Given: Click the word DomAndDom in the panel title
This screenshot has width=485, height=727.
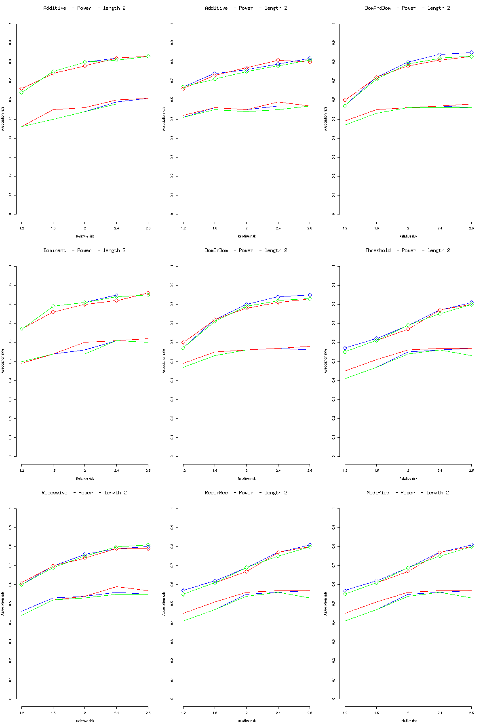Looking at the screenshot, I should coord(377,8).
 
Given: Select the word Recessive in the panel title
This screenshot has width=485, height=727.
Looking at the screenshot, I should coord(55,493).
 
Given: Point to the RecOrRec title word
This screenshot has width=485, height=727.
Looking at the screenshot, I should coord(216,493).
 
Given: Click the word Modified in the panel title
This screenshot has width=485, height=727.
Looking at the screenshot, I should coord(378,493).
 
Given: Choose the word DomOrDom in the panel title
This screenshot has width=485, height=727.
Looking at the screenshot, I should coord(216,250).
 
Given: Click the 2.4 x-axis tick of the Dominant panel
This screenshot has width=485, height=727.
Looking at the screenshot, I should coord(116,471).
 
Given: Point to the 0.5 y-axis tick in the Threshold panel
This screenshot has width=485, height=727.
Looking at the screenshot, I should coord(334,361).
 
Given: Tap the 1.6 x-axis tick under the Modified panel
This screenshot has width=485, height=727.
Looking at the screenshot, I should coord(377,713).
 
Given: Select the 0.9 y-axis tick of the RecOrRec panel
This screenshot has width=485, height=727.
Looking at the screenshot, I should coord(172,527).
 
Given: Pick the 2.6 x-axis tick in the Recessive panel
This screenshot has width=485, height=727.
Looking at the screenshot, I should coord(148,713).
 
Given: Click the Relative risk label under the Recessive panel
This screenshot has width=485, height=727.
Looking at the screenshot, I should coord(85,721).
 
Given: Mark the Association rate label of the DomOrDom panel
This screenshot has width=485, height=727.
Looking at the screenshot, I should coord(164,361).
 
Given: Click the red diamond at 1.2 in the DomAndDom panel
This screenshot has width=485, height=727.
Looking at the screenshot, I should coord(345,100).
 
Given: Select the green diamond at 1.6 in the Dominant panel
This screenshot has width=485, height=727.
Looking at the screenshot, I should coord(53,307).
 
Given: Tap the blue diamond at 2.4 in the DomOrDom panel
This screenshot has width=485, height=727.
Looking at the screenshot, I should coord(278,297).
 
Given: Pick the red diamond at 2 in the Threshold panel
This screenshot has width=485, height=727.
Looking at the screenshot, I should coord(408,329).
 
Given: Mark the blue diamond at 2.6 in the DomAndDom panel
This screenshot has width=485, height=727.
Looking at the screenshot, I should coord(471,53).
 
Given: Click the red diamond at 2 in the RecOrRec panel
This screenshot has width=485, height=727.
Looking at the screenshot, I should coord(247,572).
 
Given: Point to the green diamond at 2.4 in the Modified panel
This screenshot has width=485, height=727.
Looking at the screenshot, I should coord(440,556).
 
